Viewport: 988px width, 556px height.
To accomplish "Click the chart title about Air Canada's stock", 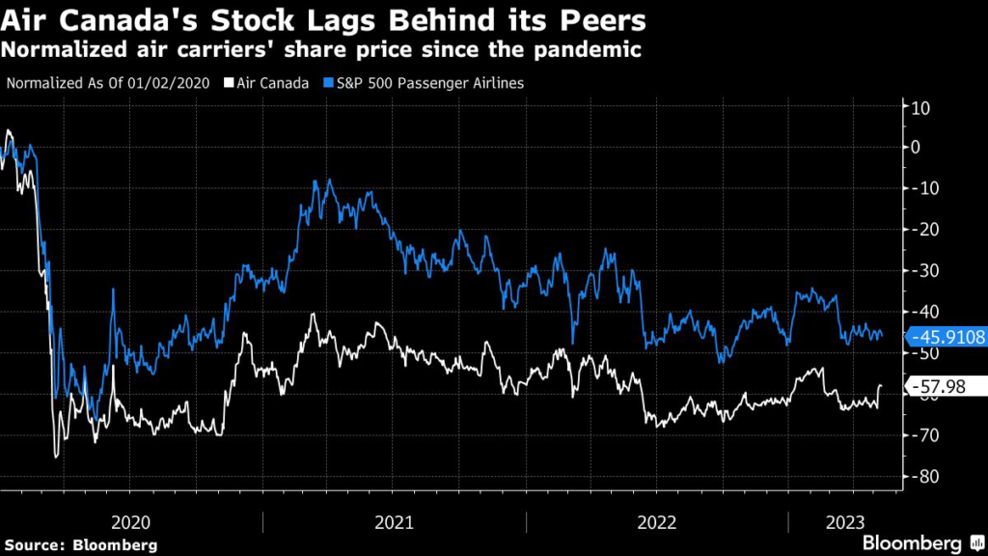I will (x=323, y=20).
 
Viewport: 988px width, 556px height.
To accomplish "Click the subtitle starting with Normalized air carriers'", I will (x=322, y=50).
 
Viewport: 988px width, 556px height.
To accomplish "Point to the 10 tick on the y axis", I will (x=919, y=107).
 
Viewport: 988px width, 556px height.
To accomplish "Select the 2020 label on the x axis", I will (x=131, y=522).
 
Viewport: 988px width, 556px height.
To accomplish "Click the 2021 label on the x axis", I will (x=395, y=522).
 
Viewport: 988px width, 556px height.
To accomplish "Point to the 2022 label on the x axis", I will (x=657, y=522).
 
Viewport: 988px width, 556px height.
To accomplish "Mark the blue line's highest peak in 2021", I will (x=329, y=180).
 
